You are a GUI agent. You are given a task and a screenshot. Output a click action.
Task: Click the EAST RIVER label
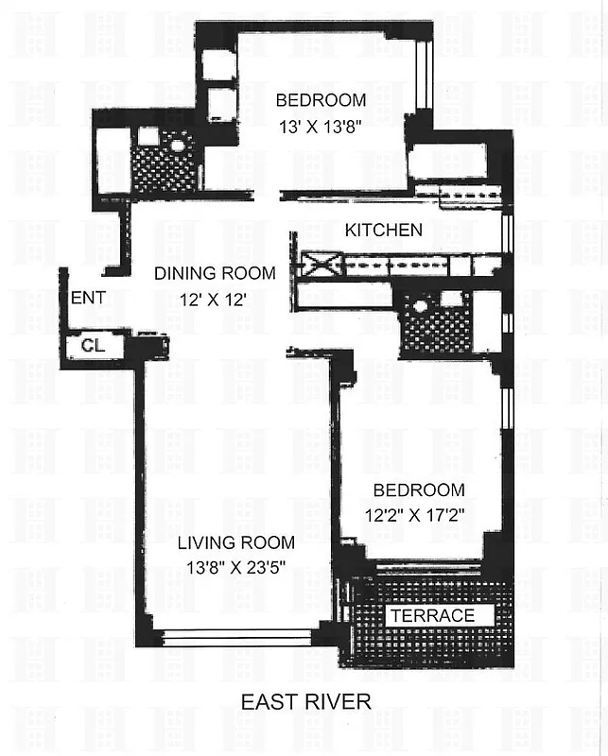(x=305, y=701)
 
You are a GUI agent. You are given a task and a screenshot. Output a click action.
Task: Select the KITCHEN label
(x=383, y=230)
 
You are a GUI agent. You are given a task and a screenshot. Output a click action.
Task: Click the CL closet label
(x=93, y=346)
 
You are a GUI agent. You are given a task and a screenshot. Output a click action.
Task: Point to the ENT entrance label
(x=90, y=298)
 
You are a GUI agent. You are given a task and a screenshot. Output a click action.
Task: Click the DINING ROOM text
(x=215, y=274)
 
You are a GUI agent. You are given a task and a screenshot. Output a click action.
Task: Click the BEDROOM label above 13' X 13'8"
(x=320, y=100)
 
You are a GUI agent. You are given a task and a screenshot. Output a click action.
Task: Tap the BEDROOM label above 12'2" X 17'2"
(x=418, y=490)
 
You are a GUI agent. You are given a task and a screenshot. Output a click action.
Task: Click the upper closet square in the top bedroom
(x=219, y=64)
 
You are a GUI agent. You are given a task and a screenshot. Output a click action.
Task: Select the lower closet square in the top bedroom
(x=219, y=103)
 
